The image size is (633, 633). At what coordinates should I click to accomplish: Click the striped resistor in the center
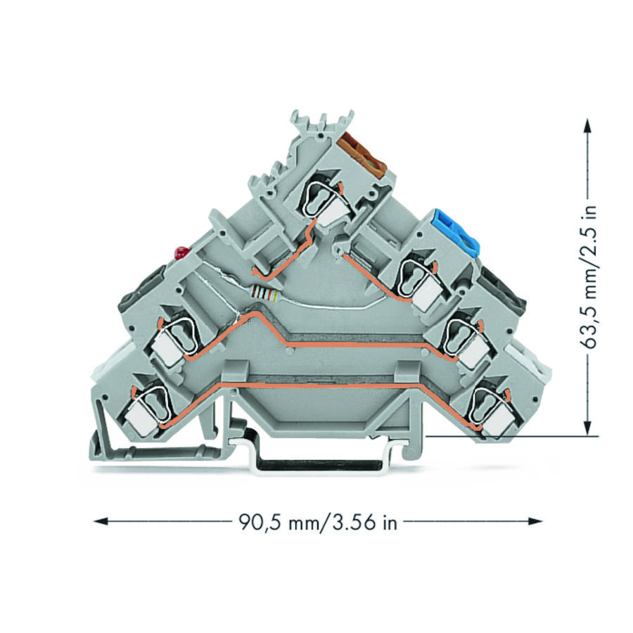coord(265,293)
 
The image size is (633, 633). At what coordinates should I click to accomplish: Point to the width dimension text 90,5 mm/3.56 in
coord(318,523)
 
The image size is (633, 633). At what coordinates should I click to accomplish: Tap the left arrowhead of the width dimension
coord(101,521)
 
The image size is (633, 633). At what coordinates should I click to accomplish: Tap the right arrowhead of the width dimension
coord(535,521)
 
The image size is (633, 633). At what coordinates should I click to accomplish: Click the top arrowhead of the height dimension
coord(588,126)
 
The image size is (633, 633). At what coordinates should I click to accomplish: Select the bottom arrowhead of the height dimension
coord(588,428)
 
